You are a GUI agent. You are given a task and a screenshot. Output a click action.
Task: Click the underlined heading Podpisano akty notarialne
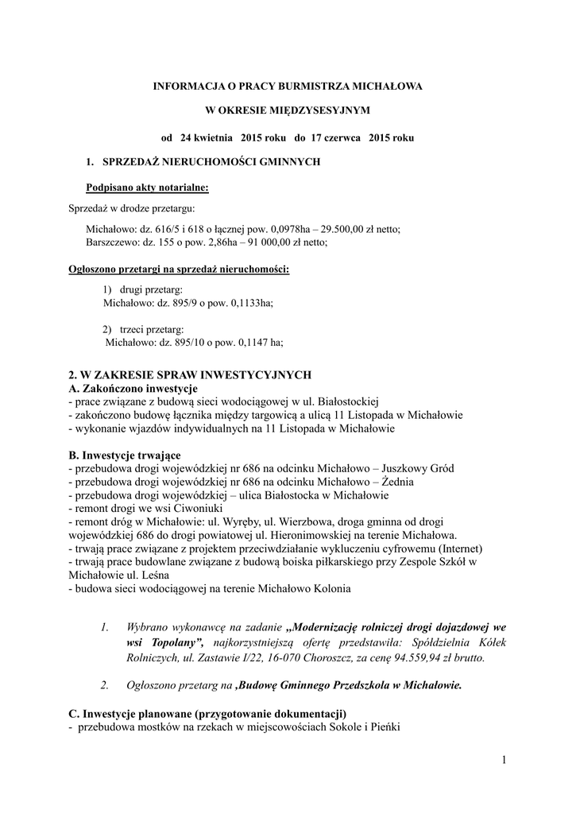[x=147, y=188]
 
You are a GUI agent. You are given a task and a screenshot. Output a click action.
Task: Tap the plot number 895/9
[x=179, y=303]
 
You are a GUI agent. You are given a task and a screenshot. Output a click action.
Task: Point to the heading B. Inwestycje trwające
[x=125, y=455]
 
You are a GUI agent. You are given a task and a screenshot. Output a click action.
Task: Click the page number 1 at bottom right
[x=504, y=761]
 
